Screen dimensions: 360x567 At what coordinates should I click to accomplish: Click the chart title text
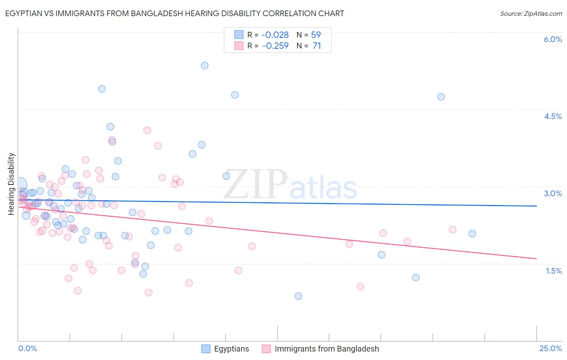pos(174,13)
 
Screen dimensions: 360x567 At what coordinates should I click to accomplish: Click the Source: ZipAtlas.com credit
pos(531,14)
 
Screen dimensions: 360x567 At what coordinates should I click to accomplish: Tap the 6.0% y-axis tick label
pos(552,39)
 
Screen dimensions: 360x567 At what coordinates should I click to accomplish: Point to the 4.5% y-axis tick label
pos(553,116)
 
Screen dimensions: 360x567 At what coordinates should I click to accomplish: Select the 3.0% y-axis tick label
pos(553,193)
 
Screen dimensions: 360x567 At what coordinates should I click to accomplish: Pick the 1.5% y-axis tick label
pos(554,271)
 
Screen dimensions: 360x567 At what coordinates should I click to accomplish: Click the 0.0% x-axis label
pos(27,348)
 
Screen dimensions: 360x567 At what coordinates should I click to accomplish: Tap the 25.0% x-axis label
pos(550,348)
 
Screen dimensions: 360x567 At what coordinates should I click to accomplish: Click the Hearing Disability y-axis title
pos(11,184)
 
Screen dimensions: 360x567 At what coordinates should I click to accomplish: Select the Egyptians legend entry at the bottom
pos(231,349)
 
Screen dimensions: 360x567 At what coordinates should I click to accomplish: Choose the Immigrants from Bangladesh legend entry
pos(327,349)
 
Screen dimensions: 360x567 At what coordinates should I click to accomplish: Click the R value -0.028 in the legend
pos(275,35)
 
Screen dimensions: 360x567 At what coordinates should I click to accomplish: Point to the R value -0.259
pos(275,46)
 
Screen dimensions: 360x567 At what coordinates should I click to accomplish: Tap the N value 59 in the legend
pos(316,35)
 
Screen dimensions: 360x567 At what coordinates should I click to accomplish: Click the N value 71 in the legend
pos(317,46)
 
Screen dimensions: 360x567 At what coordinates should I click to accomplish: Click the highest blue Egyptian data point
pos(204,65)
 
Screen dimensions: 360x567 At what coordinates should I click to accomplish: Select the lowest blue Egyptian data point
pos(298,296)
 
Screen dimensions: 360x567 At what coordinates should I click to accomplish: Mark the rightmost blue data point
pos(472,234)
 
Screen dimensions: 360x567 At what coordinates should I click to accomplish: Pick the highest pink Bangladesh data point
pos(147,130)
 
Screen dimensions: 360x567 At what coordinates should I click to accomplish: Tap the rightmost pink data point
pos(452,230)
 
